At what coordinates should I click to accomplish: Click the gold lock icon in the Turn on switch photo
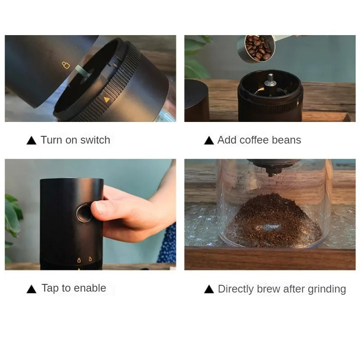pyautogui.click(x=66, y=65)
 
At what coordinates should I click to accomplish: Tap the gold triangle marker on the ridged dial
pyautogui.click(x=106, y=99)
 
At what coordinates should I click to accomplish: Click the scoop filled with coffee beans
pyautogui.click(x=258, y=48)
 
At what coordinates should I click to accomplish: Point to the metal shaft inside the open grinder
pyautogui.click(x=270, y=81)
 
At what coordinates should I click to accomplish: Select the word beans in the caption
pyautogui.click(x=286, y=140)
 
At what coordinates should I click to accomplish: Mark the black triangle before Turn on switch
pyautogui.click(x=31, y=140)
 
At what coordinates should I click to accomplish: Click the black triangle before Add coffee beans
pyautogui.click(x=209, y=140)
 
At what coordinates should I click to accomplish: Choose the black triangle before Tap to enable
pyautogui.click(x=31, y=289)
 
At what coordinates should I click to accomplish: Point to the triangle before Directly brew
pyautogui.click(x=209, y=289)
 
